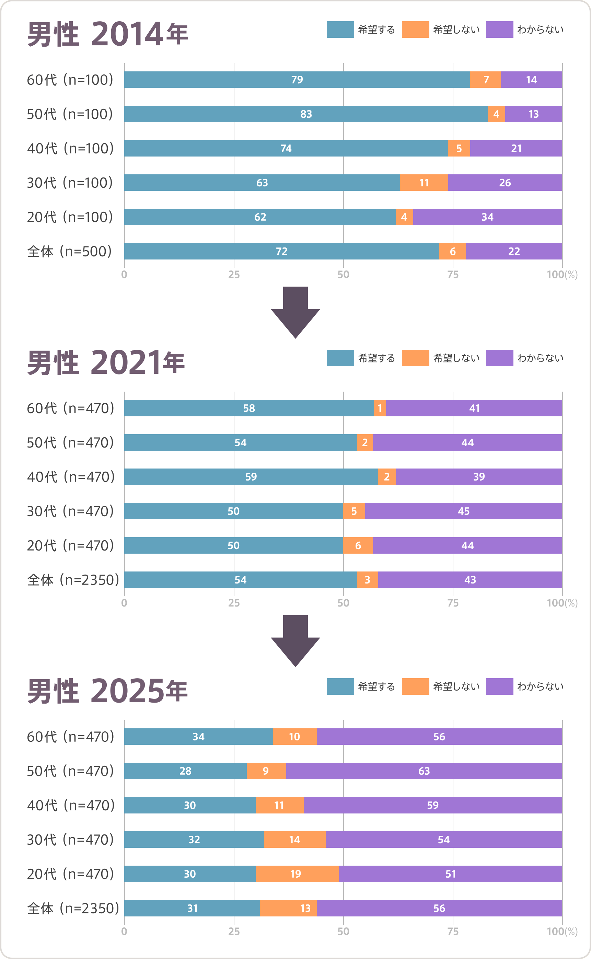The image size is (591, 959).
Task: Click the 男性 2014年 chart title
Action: tap(107, 34)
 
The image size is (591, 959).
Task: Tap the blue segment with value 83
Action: tap(306, 114)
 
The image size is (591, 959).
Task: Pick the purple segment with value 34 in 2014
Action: tap(487, 217)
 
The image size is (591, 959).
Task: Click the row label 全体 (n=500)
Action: tap(70, 251)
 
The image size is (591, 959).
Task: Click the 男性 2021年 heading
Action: tap(106, 363)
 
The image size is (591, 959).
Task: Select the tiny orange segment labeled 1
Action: tap(380, 408)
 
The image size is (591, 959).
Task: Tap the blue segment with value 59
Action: tap(251, 477)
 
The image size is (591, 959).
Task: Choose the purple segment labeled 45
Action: tap(464, 511)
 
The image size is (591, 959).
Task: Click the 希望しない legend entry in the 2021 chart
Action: tap(441, 358)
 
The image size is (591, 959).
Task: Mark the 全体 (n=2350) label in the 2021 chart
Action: tap(73, 580)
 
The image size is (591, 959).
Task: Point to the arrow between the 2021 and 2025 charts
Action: tap(295, 640)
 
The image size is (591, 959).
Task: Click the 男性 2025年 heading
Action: tap(107, 691)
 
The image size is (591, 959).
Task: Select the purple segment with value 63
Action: tap(424, 771)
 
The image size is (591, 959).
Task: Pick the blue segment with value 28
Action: tap(185, 771)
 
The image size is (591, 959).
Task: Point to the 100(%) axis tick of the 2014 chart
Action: tap(562, 275)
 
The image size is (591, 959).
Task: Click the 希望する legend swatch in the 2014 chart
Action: tap(340, 30)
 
